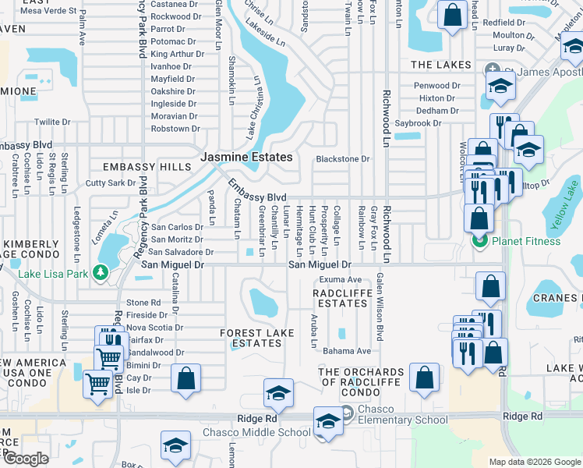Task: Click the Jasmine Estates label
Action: point(247,157)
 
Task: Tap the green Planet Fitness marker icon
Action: point(479,241)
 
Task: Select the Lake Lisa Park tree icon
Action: point(100,272)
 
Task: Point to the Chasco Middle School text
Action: point(246,433)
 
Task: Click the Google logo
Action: point(26,459)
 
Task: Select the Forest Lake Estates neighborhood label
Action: point(257,338)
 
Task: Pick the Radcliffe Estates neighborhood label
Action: point(340,298)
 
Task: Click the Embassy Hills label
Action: point(147,167)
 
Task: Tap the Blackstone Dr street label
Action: point(342,159)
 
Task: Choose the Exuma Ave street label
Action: point(341,279)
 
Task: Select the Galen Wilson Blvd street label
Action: point(380,307)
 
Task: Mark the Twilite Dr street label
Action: point(52,122)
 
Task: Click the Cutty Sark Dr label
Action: point(111,183)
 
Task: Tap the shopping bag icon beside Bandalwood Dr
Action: point(186,378)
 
